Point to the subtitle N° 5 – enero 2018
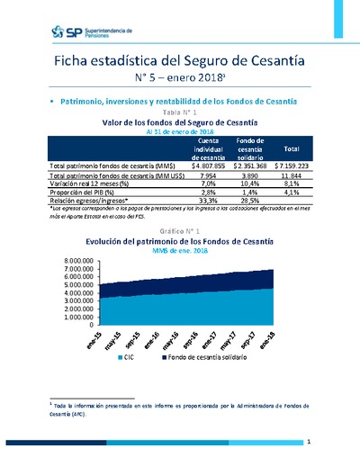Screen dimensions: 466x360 click(179, 78)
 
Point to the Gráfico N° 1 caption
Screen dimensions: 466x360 click(180, 230)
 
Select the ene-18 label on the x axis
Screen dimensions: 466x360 click(291, 339)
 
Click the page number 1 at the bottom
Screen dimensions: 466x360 click(309, 443)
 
